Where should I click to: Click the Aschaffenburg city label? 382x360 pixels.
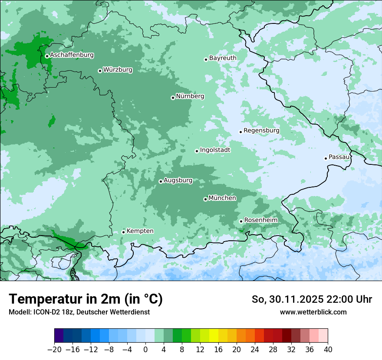tap(72, 55)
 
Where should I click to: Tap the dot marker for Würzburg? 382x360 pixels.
tap(100, 71)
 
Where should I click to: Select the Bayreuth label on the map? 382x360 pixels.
tap(223, 58)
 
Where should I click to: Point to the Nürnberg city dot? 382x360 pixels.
tap(173, 98)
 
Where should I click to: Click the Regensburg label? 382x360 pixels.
tap(261, 130)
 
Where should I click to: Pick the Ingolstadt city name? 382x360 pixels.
tap(215, 150)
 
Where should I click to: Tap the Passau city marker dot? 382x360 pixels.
tap(326, 158)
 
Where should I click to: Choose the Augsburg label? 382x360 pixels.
tap(178, 180)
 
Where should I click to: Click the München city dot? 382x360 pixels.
tap(205, 199)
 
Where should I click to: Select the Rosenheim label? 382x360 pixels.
tap(260, 220)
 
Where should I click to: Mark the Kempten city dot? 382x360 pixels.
tap(123, 232)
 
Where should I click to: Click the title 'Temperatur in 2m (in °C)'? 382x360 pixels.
tap(86, 299)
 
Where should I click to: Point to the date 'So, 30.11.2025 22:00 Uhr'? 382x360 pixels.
tap(312, 299)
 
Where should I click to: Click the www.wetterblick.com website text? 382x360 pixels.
tap(313, 312)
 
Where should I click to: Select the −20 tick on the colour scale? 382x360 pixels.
tap(54, 350)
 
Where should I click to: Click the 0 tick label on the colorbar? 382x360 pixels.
tap(145, 350)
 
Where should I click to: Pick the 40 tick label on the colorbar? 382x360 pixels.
tap(328, 350)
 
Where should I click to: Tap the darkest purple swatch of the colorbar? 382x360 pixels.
tap(59, 336)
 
